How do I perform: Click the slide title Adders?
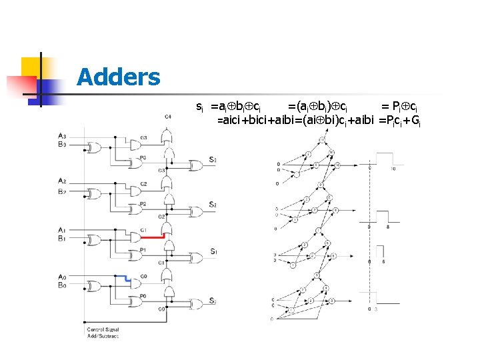(x=118, y=78)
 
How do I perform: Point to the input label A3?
(x=62, y=137)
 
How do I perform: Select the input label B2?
(x=62, y=191)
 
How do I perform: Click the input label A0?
(x=62, y=277)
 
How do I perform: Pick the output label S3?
(x=212, y=160)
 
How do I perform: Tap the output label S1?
(x=212, y=251)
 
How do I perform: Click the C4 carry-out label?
(x=168, y=117)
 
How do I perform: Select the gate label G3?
(x=144, y=138)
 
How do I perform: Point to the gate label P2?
(x=143, y=204)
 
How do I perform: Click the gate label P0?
(x=143, y=296)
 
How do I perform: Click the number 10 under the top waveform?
(x=394, y=169)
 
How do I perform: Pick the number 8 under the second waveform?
(x=389, y=227)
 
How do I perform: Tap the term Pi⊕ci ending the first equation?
(x=399, y=106)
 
